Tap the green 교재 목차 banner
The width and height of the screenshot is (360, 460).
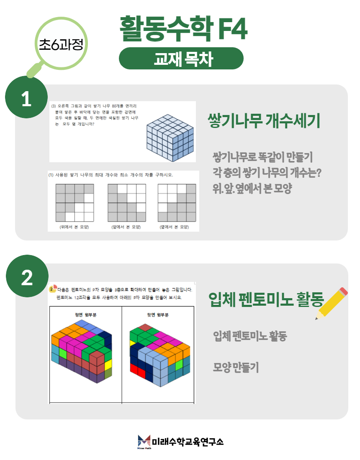181,59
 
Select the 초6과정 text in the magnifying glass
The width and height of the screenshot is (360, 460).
62,44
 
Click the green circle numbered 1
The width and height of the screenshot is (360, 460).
26,97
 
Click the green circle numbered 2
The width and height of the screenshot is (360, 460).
27,276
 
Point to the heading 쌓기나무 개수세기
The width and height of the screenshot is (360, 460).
264,120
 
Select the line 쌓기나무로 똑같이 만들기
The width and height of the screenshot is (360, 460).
262,157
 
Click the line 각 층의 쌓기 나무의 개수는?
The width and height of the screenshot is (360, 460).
267,172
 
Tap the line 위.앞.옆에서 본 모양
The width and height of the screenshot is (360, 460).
252,188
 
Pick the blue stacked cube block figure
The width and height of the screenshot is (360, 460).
170,138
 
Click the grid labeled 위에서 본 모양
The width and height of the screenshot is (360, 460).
75,203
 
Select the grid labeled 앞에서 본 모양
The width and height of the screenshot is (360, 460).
127,203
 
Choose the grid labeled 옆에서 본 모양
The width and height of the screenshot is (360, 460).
177,203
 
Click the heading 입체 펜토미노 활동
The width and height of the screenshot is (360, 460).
266,299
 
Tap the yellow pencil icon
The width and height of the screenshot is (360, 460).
331,303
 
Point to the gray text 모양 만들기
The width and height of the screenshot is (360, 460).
236,367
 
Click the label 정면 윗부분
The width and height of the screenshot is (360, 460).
85,315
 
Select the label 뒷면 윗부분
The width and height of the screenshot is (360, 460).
158,315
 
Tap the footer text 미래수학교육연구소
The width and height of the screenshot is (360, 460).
188,442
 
